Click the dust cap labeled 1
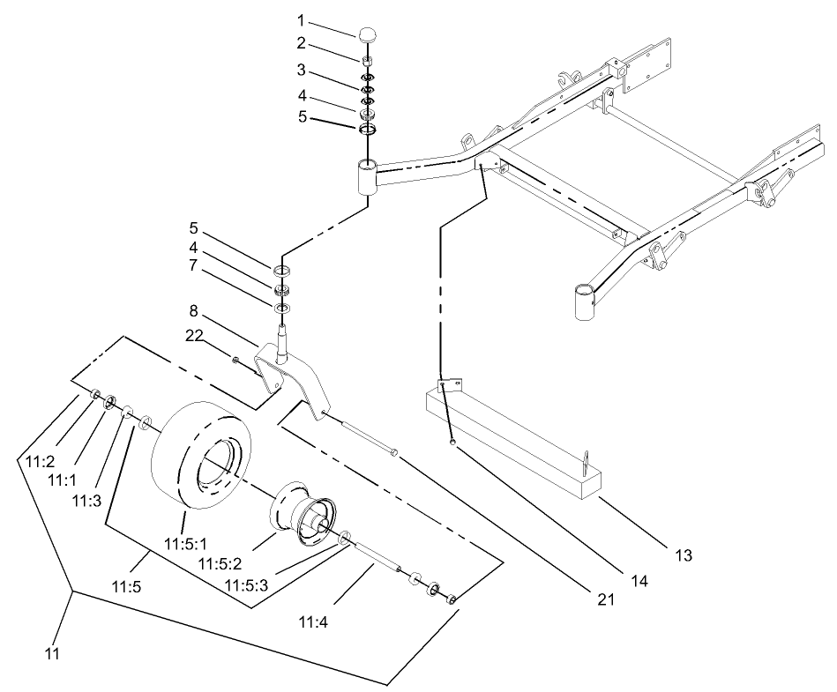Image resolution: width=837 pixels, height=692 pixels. point(368,34)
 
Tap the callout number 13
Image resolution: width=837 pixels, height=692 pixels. point(684,555)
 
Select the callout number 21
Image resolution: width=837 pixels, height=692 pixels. point(602,598)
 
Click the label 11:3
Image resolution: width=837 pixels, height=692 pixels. point(86,500)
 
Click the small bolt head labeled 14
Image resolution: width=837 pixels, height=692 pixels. point(452,443)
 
